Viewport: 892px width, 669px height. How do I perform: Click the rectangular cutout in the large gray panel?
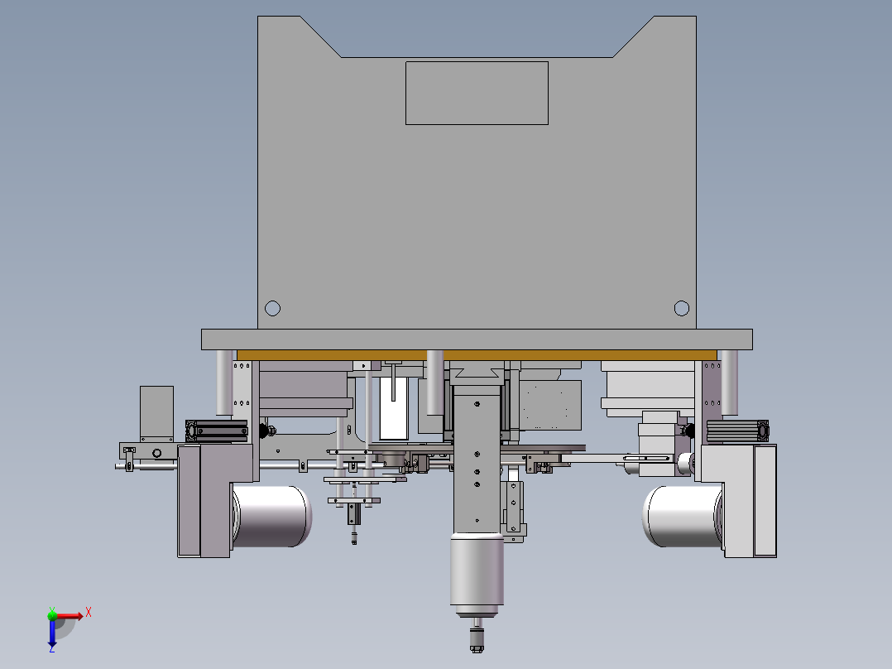[477, 93]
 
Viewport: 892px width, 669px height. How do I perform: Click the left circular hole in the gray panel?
[272, 308]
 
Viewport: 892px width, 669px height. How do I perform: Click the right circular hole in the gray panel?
[682, 308]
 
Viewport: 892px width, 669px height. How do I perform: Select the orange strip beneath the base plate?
[477, 355]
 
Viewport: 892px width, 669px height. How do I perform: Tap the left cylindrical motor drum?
[272, 516]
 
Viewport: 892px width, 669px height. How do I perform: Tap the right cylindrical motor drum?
[683, 516]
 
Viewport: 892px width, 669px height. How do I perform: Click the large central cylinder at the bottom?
[477, 574]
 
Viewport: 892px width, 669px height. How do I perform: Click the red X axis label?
[89, 613]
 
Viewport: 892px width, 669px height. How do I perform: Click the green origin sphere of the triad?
[52, 615]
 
